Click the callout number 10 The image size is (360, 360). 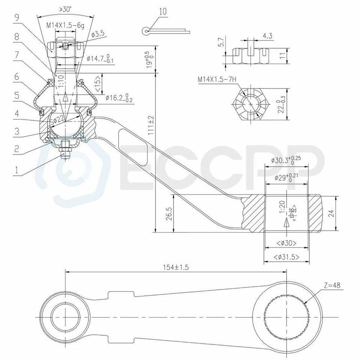tap(162, 11)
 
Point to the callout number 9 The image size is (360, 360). tap(16, 16)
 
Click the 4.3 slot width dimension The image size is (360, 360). tap(267, 36)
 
